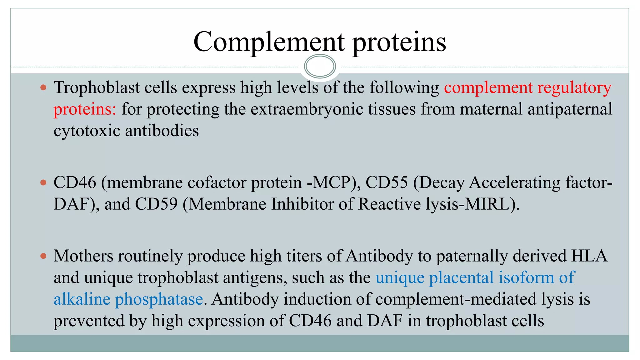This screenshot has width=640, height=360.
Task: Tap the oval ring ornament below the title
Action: pos(320,66)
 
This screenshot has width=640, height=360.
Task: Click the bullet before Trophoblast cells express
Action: pos(43,87)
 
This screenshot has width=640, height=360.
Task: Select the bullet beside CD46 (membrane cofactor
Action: pos(43,182)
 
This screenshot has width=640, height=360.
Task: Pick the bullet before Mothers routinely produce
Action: pos(43,256)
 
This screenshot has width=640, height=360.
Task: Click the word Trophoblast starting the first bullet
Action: pos(97,87)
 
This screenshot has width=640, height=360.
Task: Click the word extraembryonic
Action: pos(307,109)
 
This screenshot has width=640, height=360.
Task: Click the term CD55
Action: pos(387,182)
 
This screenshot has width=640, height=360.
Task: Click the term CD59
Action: pos(156,204)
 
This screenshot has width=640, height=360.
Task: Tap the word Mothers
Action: pos(83,256)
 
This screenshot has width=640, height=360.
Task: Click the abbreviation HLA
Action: pos(589,256)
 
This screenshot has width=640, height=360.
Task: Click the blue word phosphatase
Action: pos(159,299)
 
